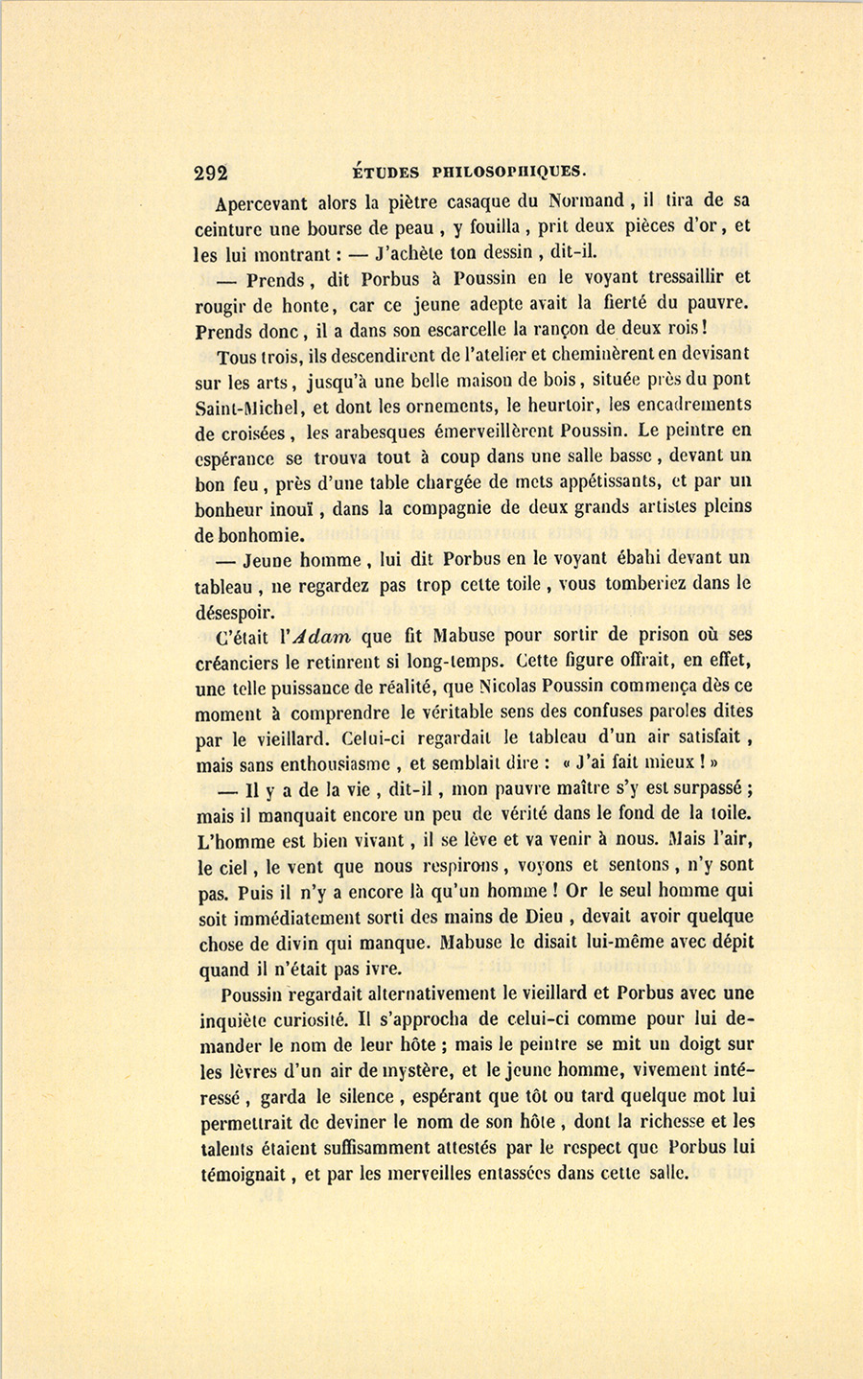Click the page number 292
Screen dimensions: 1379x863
click(x=211, y=173)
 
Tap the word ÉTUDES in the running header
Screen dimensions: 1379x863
click(x=385, y=173)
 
